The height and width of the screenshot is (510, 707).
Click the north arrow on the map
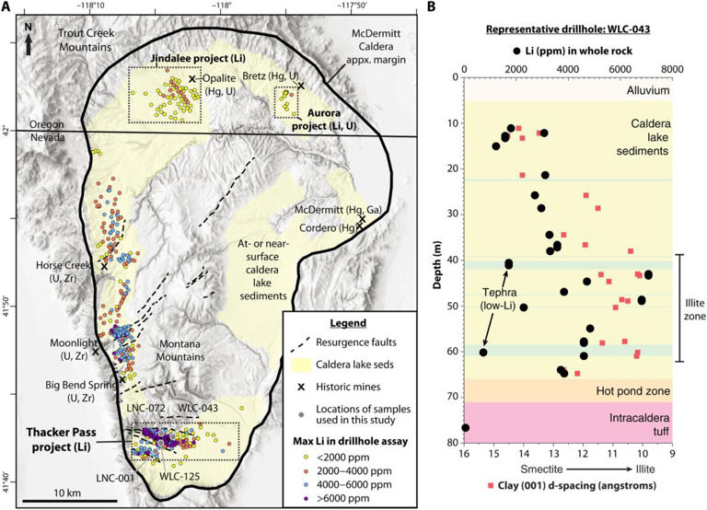click(x=29, y=41)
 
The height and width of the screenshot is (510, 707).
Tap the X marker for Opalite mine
click(x=192, y=80)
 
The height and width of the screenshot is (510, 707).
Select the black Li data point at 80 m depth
click(x=466, y=428)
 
